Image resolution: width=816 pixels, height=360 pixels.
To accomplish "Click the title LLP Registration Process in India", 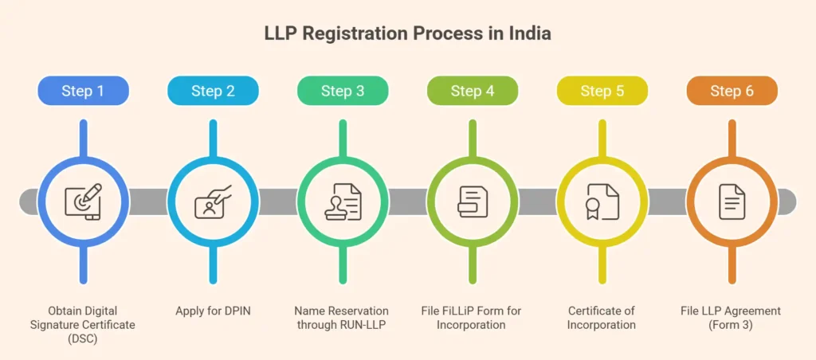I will coord(407,35).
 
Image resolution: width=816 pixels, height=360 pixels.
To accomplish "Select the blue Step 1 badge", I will coord(83,91).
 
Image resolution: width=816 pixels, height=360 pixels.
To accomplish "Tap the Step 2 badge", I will coord(213,91).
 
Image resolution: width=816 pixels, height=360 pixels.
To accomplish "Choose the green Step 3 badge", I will coord(343,91).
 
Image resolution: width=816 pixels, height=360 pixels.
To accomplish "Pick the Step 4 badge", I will coord(473,91).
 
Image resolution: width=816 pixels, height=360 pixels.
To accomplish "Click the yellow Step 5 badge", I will coord(602,91).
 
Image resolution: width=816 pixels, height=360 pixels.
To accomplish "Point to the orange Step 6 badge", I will coord(732,91).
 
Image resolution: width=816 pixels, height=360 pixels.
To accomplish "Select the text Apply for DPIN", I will coord(213,311).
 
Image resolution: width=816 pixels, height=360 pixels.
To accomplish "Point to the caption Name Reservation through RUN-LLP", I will coord(343,318).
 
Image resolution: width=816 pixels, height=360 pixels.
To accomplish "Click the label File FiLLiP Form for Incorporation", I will coord(473,318).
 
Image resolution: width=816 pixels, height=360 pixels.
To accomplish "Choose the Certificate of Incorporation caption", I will coord(602,318).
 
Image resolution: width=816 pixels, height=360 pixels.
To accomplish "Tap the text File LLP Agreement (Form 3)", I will coord(732,318).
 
